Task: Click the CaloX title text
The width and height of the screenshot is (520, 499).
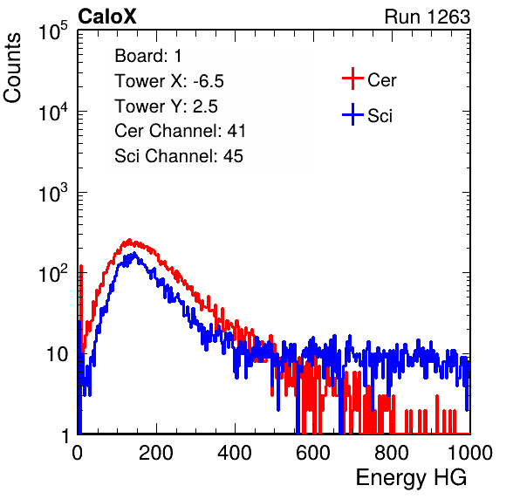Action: coord(107,17)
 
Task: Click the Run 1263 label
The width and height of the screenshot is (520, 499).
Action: coord(428,17)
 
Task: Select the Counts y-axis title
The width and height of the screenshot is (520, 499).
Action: coord(12,68)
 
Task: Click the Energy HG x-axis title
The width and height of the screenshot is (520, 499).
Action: coord(411,478)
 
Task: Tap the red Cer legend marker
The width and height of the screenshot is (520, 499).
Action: coord(352,79)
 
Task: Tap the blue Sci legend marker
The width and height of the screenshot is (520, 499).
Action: coord(352,114)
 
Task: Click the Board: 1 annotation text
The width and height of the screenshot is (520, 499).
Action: coord(148,56)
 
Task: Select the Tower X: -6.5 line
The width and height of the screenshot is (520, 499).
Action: coord(169,81)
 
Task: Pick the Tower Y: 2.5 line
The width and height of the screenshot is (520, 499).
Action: coord(166,106)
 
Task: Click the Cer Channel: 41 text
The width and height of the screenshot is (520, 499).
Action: coord(180,131)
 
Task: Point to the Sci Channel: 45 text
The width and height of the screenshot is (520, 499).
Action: coord(179,156)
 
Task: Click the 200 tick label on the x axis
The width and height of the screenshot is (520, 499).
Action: coord(156,453)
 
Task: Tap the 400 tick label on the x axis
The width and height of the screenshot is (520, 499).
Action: coord(235,453)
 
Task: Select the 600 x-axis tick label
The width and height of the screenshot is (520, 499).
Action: coord(313,453)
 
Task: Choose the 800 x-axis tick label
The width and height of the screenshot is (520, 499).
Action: coord(392,453)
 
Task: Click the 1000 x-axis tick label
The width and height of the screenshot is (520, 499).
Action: coord(470,453)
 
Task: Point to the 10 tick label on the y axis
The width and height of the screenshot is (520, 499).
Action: coord(58,354)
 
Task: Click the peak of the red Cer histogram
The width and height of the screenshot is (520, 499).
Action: coord(130,240)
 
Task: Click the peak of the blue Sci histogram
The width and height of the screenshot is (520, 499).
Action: coord(134,254)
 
